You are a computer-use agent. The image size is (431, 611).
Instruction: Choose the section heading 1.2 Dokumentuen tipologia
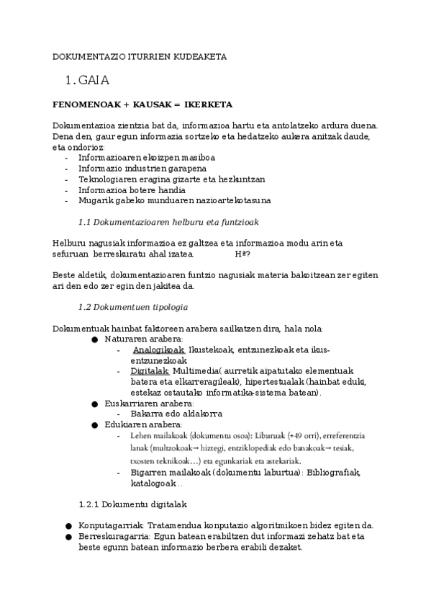coord(132,307)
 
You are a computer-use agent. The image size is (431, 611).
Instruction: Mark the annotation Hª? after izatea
coord(243,254)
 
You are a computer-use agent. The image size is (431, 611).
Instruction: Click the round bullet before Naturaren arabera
coord(94,339)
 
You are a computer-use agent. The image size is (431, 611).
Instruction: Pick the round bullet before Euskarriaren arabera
coord(94,403)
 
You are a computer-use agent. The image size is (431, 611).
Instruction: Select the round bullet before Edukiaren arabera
coord(94,425)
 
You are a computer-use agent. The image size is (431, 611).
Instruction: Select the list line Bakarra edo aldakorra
coord(176,414)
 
